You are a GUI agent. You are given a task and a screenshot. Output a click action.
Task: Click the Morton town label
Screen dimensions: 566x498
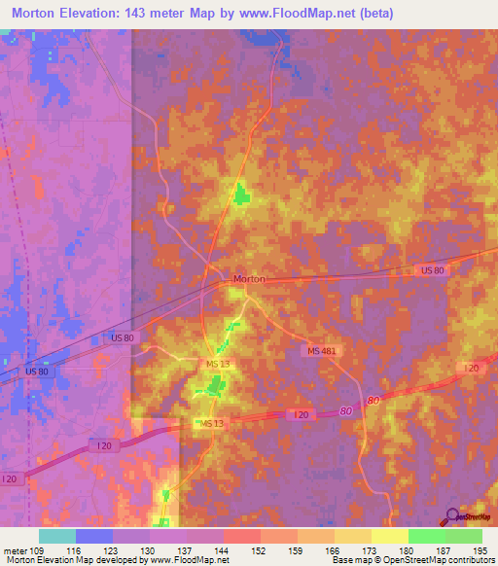coord(249,279)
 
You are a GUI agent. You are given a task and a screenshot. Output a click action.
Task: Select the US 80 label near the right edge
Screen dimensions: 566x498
coord(433,269)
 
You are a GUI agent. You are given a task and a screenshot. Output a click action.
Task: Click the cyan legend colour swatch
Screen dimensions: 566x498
coord(57,536)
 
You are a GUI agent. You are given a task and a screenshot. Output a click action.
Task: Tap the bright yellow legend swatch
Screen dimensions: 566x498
coord(390,536)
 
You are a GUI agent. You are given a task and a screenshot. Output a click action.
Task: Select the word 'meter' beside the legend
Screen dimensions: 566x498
coord(15,550)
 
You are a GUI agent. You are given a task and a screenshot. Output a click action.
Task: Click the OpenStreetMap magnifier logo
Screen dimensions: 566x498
coord(453,516)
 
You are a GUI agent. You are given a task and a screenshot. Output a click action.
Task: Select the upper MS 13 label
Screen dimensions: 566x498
coord(218,364)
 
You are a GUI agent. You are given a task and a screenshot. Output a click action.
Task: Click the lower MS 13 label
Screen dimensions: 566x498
coord(212,425)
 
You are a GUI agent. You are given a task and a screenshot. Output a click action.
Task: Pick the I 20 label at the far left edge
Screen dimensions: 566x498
coord(11,479)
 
